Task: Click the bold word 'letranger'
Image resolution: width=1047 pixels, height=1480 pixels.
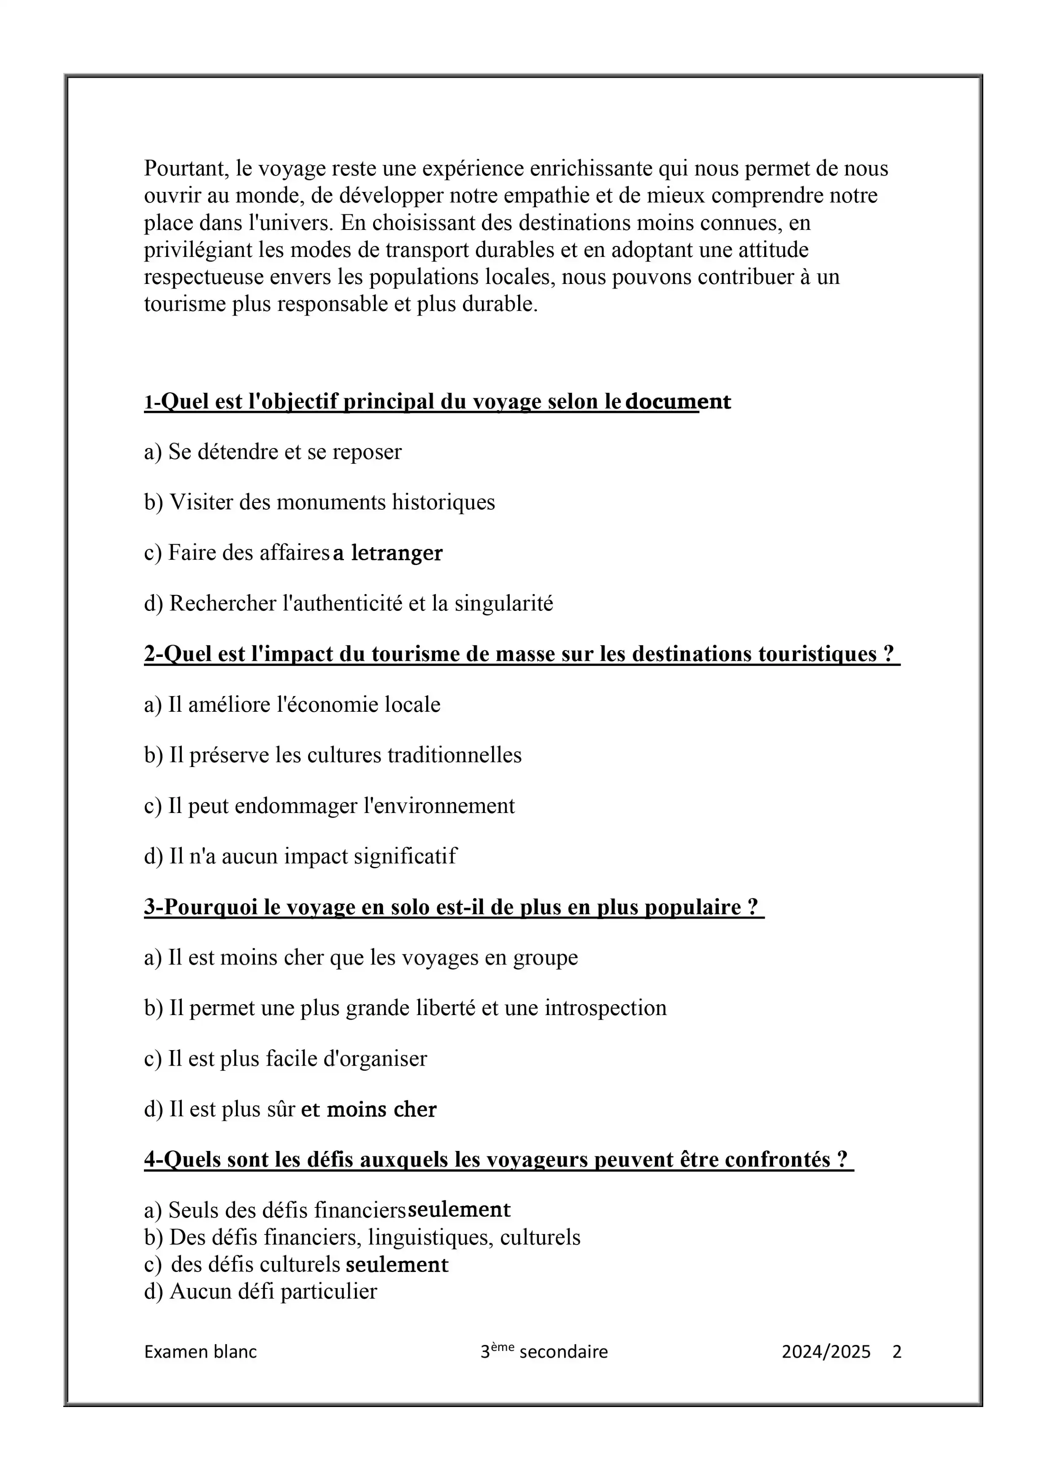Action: (397, 553)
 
